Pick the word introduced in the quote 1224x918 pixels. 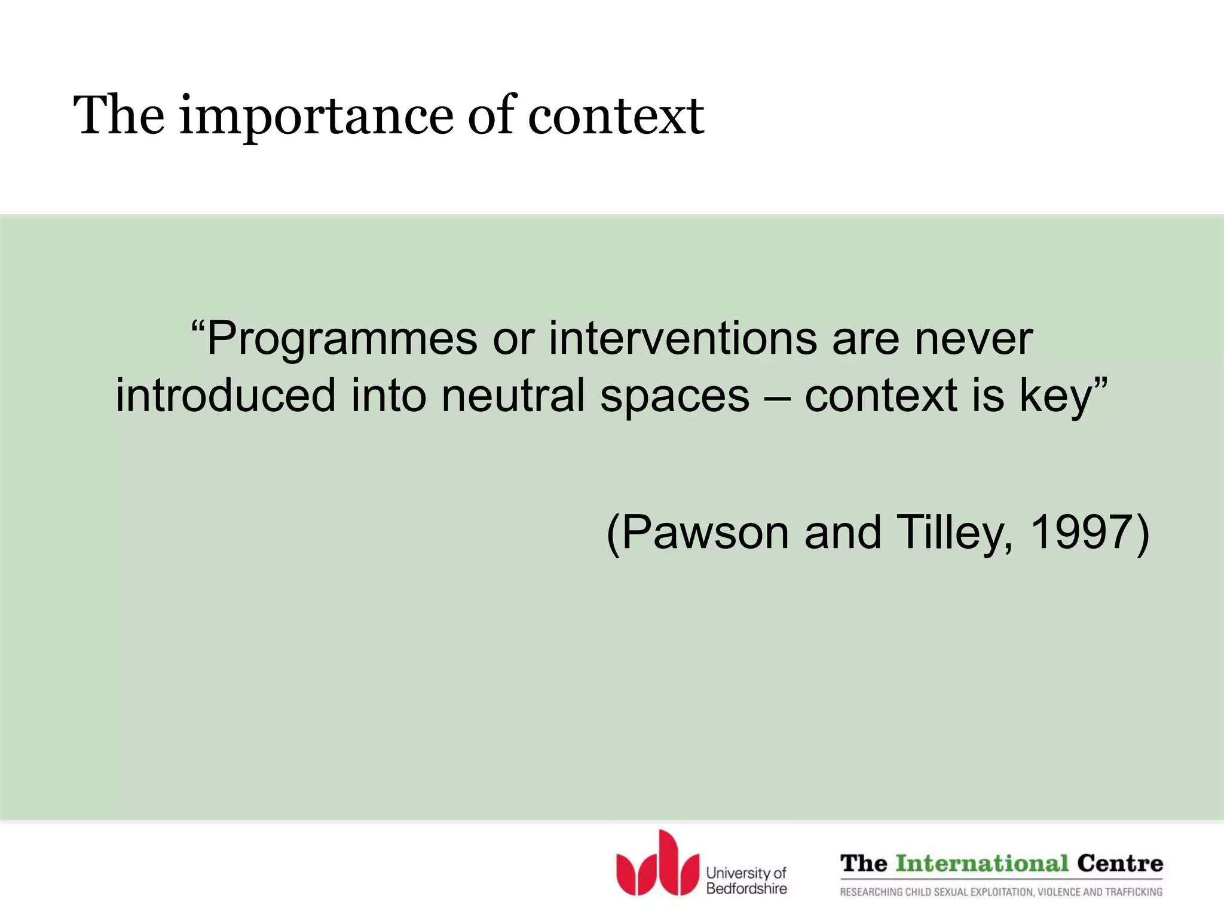pos(225,396)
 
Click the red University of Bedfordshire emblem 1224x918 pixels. pos(657,863)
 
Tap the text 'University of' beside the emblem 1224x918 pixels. pos(746,873)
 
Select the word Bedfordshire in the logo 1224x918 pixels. pos(746,889)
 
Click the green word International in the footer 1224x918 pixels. pos(982,864)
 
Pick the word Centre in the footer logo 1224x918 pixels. pos(1120,864)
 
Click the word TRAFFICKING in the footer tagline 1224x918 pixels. pos(1133,892)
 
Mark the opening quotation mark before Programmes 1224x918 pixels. pos(197,328)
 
